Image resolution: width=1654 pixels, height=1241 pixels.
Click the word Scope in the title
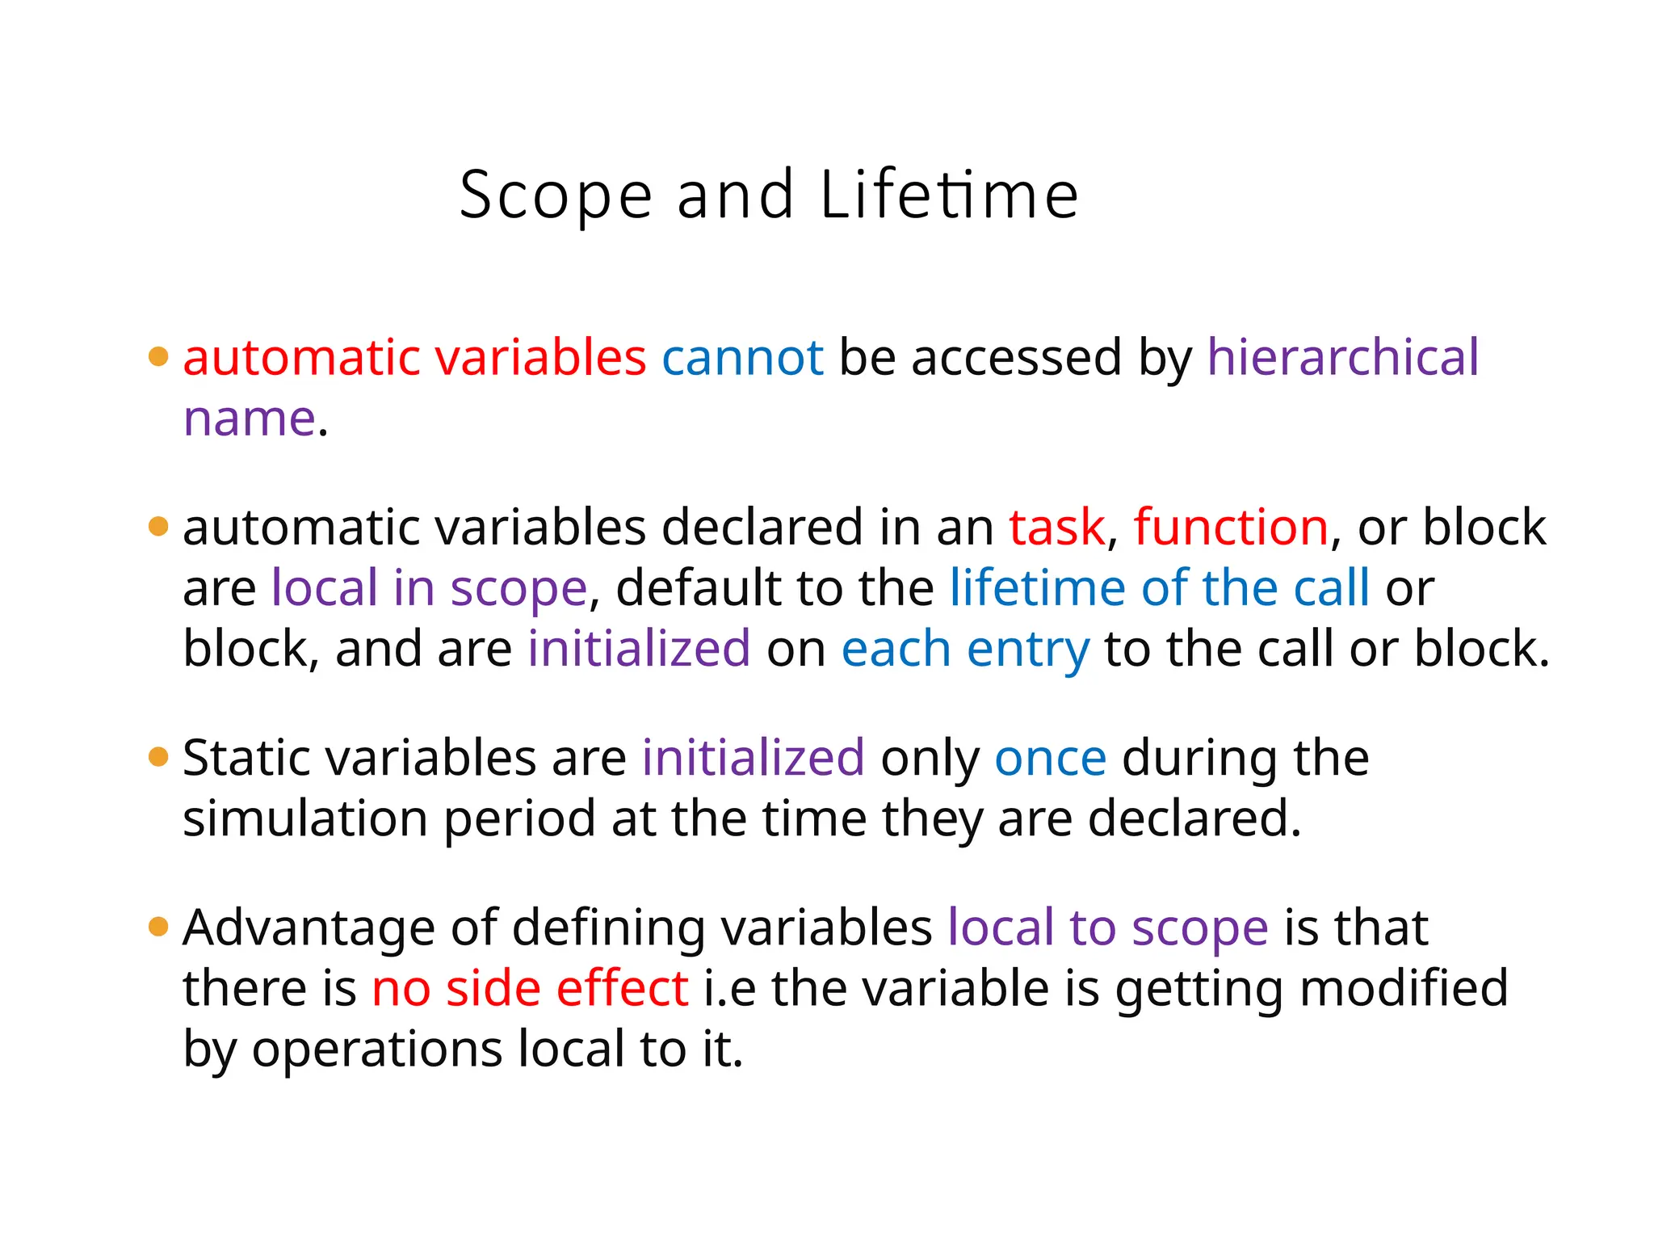(556, 196)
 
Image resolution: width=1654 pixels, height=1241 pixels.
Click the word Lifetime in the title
(949, 196)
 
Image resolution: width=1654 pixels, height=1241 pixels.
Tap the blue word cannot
(742, 357)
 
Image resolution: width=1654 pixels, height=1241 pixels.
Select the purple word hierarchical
(1343, 357)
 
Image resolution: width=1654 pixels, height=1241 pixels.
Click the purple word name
(249, 419)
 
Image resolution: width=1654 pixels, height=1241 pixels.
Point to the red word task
(1056, 528)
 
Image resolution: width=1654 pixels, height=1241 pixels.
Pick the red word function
(1231, 528)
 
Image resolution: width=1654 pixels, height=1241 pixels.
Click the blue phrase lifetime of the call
(1160, 587)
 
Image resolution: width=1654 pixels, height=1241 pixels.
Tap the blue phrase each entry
(965, 649)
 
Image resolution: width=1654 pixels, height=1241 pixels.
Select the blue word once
(1050, 759)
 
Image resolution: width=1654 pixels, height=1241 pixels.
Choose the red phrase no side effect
(530, 988)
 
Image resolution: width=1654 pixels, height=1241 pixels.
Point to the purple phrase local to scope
(1107, 928)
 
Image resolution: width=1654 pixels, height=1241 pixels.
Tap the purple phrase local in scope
(429, 587)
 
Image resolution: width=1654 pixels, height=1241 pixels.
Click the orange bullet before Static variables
(158, 757)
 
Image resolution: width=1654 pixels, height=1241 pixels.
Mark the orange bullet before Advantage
(158, 927)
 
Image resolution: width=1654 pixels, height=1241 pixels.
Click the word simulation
(305, 819)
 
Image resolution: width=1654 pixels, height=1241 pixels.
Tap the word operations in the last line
(377, 1050)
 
